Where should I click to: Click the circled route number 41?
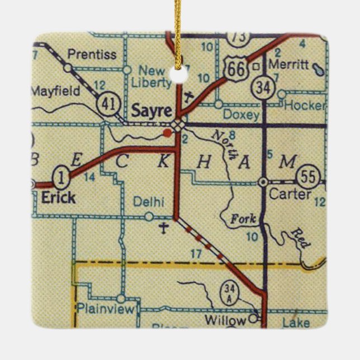[x=106, y=103]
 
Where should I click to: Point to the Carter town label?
[x=290, y=194]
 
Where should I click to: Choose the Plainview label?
[x=106, y=309]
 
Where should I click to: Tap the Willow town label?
[x=225, y=320]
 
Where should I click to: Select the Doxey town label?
[x=241, y=115]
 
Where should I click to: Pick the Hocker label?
[x=305, y=105]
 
